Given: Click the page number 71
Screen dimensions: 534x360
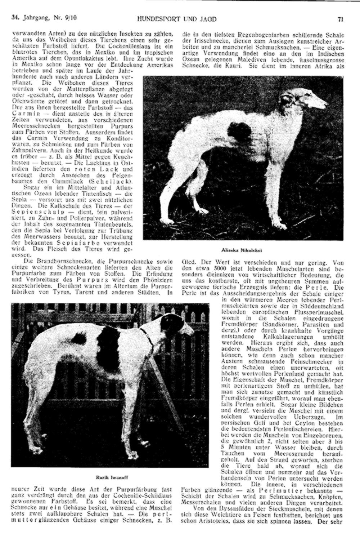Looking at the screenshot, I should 340,19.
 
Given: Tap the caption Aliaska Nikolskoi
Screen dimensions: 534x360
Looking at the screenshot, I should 243,249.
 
